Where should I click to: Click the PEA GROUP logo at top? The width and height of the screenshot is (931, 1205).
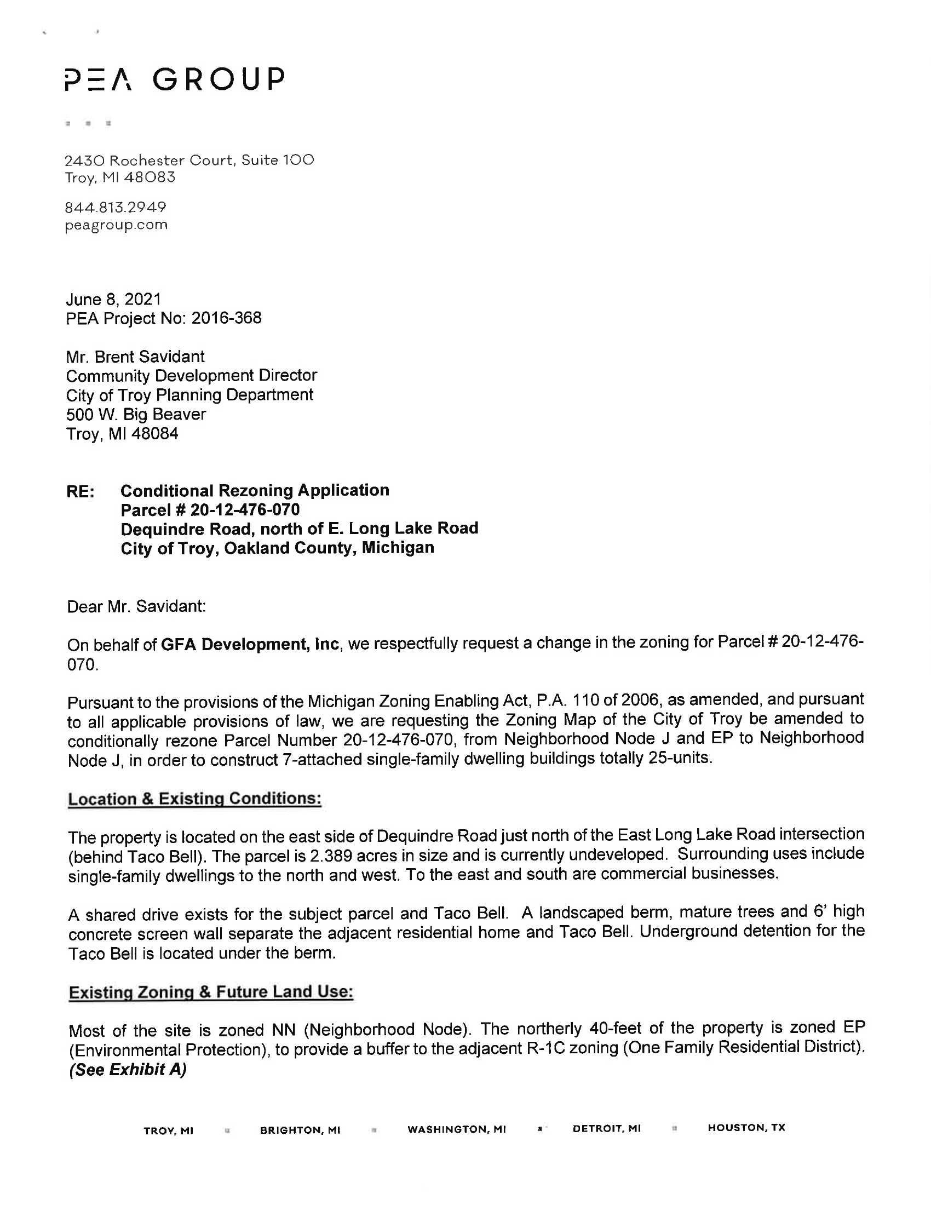(x=174, y=79)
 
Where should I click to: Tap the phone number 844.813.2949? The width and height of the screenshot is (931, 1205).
(x=115, y=208)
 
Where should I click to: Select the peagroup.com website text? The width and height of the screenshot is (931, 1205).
(x=116, y=225)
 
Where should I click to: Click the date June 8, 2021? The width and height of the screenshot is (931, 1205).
(x=113, y=299)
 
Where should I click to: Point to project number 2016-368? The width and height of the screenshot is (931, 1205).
(x=226, y=318)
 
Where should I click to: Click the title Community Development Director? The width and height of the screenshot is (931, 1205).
(x=191, y=376)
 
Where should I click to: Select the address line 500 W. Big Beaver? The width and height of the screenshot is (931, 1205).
(x=136, y=415)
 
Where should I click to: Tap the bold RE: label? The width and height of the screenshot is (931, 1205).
(x=81, y=491)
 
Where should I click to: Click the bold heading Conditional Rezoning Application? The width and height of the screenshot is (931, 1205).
(x=255, y=491)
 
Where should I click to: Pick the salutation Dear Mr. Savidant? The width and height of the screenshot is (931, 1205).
(x=136, y=607)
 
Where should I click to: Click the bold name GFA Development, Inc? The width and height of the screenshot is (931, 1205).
(x=250, y=645)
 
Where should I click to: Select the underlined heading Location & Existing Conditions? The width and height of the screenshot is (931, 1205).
(x=194, y=799)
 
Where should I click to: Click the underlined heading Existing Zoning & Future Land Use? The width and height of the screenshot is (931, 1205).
(x=211, y=992)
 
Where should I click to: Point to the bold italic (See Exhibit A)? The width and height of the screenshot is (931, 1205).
(x=128, y=1069)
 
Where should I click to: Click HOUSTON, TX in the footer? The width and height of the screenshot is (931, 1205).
(x=746, y=1128)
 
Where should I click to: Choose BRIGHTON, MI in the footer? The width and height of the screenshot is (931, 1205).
(x=300, y=1130)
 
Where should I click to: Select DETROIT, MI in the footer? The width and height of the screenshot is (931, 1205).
(x=607, y=1128)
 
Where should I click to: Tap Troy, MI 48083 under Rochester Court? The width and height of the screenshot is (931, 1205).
(x=120, y=177)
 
